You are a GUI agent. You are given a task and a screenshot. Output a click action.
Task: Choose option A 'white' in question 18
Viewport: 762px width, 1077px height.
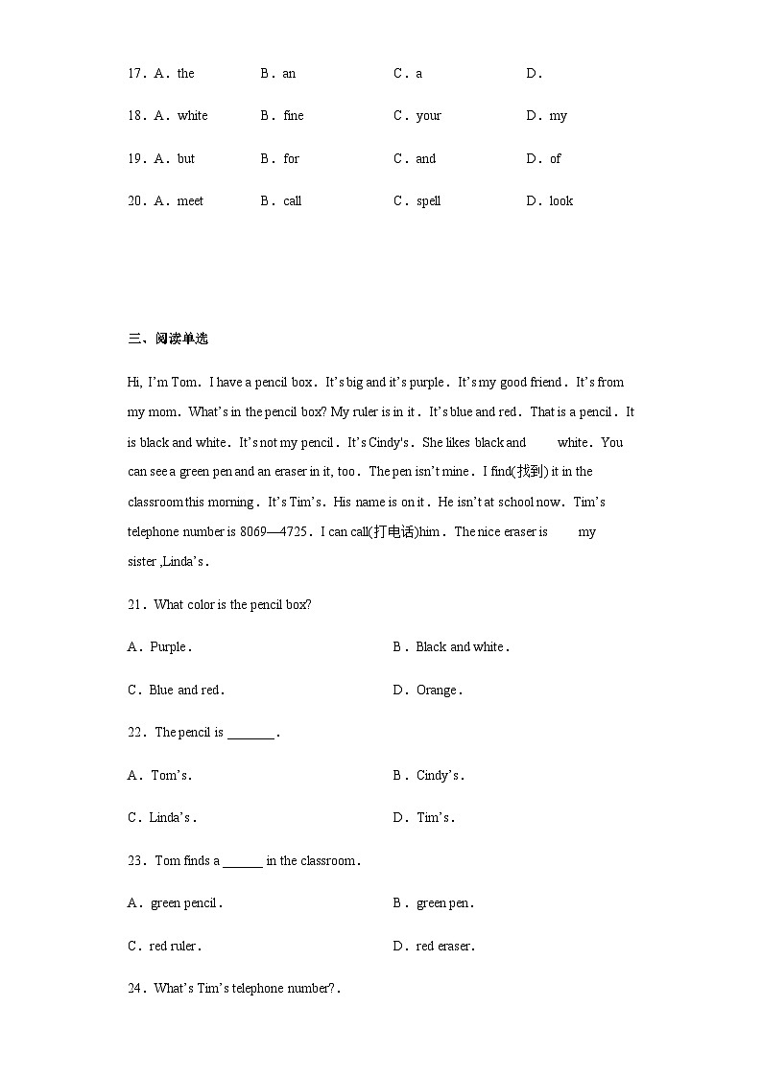pos(192,116)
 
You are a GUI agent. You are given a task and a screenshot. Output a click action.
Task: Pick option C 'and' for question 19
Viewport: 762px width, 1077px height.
pos(425,159)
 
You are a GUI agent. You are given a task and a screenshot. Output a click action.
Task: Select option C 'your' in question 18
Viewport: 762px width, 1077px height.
pos(428,116)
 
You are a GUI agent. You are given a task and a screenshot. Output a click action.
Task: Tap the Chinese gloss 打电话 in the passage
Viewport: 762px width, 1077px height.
pos(395,531)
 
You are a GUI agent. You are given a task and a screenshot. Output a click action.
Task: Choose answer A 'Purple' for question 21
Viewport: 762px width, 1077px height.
pos(169,647)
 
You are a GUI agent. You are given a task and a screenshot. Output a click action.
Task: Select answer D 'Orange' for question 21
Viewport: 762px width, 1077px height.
pos(438,691)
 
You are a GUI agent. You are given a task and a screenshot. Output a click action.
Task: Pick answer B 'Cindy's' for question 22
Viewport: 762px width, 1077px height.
pos(440,776)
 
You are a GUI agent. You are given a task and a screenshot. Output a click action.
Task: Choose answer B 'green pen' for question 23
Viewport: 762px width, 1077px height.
pos(444,903)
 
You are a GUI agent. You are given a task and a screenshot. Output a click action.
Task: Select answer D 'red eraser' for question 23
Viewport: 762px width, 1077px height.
pos(444,947)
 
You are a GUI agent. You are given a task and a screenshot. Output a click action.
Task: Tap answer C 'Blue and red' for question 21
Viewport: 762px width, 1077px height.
pos(185,691)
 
